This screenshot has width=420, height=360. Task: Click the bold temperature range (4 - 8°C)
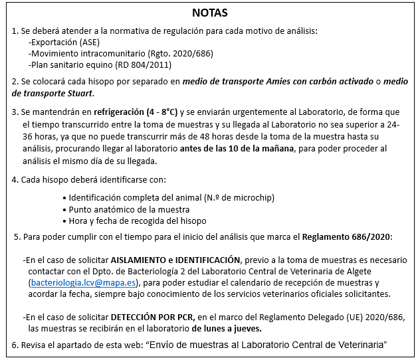point(157,112)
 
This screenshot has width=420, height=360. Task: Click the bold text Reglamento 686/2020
point(346,237)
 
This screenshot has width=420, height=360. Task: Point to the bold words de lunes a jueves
point(227,328)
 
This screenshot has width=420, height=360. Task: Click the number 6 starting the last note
point(15,345)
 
